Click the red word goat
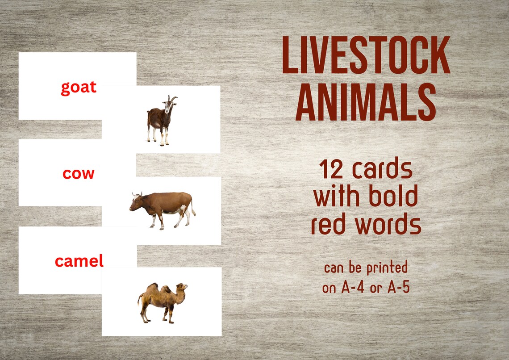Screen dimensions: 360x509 point(79,87)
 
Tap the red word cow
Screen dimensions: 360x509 point(79,173)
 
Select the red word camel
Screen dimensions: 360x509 point(79,260)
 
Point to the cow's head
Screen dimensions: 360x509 point(136,202)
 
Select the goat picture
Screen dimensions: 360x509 point(161,120)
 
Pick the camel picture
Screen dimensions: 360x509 point(162,302)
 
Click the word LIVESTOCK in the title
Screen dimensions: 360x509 point(366,55)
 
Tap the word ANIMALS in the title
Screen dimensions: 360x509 point(366,104)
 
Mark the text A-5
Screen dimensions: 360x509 point(397,288)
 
